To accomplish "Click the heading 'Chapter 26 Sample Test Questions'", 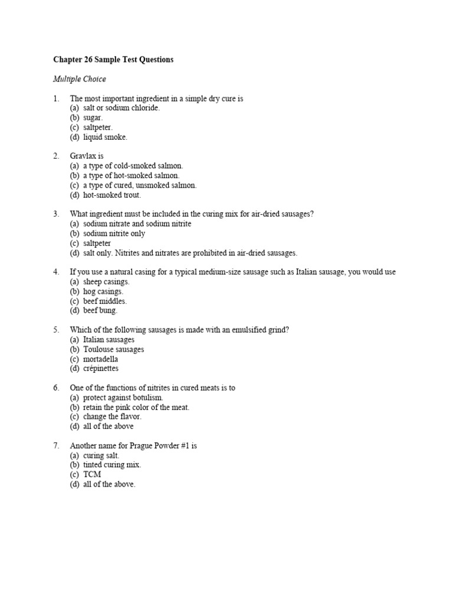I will (113, 60).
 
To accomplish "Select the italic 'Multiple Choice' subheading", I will (80, 79).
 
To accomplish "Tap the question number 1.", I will (56, 99).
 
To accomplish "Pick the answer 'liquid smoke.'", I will (105, 137).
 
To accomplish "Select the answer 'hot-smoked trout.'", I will (112, 195).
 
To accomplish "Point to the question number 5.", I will (56, 330).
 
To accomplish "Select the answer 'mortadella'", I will (101, 359).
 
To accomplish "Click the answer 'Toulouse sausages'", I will (113, 349).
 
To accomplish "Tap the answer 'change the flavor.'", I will (112, 416).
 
